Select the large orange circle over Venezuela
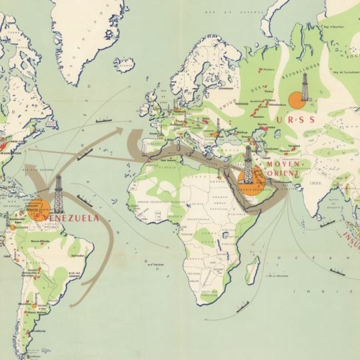38,209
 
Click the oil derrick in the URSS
305,87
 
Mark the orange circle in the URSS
296,101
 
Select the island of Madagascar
253,269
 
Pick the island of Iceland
123,64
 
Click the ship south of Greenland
104,120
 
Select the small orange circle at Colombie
13,227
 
